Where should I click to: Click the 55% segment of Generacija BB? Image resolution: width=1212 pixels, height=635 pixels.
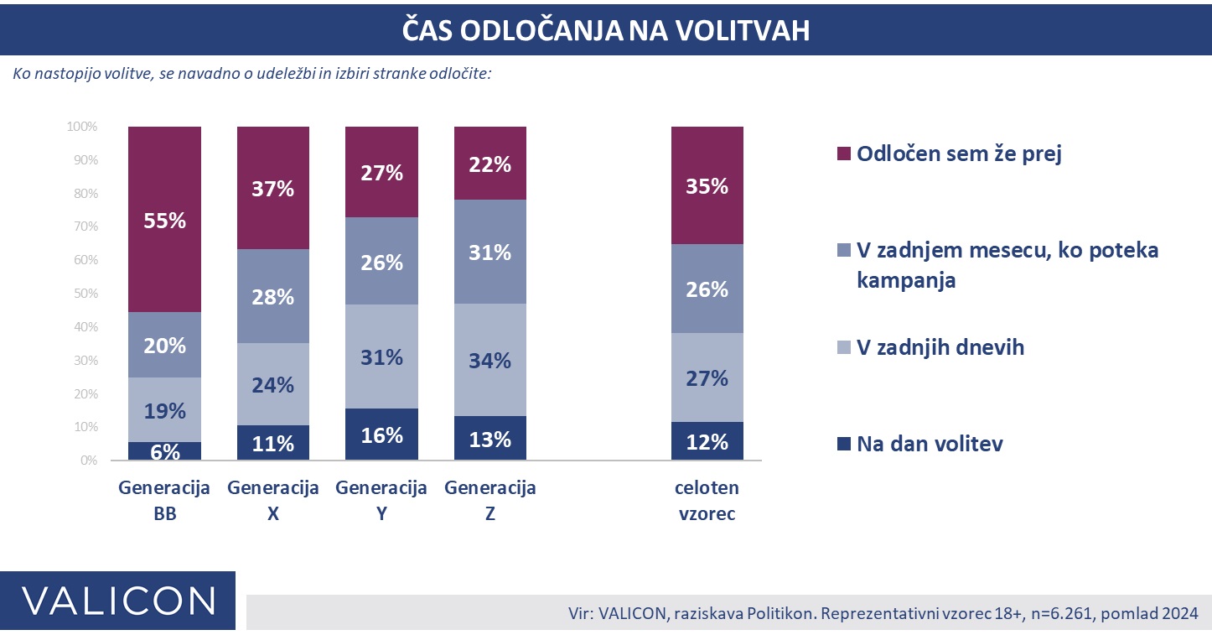[x=164, y=220]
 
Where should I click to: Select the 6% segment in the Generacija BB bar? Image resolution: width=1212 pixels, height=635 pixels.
[x=164, y=451]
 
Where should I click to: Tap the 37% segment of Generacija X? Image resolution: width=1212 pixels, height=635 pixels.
[x=273, y=188]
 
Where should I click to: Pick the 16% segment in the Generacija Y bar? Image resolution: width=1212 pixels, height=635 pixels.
[x=381, y=435]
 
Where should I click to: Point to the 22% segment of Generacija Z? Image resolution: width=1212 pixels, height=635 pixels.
[x=490, y=164]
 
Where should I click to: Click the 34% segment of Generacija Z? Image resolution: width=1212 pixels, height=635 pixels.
[x=490, y=360]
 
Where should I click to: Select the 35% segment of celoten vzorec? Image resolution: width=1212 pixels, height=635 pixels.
[x=707, y=185]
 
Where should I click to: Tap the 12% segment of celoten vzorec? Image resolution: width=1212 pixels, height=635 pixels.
[x=707, y=441]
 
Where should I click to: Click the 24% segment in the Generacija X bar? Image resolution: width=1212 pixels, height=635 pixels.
[x=273, y=384]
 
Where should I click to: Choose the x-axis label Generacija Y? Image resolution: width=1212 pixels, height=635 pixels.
[x=381, y=500]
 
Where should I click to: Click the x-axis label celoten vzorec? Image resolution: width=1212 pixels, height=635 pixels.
[x=707, y=500]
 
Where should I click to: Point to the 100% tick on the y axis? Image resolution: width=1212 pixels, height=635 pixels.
[x=82, y=127]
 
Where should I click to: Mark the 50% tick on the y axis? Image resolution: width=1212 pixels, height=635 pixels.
[x=85, y=294]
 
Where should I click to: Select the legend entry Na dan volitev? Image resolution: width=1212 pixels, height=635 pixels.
[x=929, y=444]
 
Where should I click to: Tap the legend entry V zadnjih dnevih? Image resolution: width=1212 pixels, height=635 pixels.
[x=940, y=346]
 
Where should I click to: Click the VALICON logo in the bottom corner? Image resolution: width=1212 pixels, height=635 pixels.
[x=117, y=601]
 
